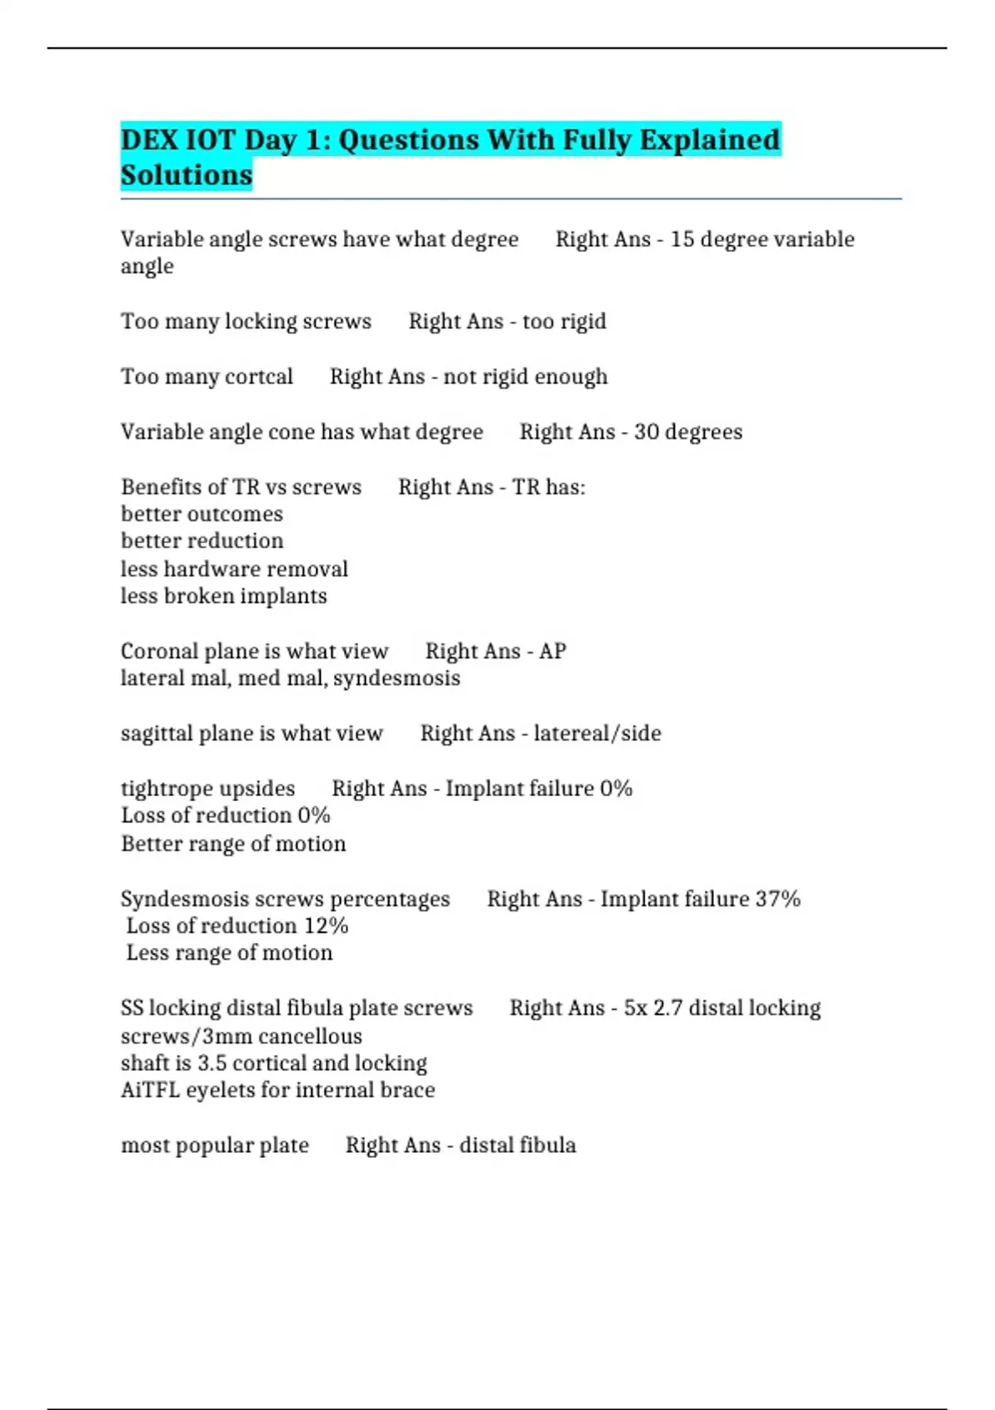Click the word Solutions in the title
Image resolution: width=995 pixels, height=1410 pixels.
point(187,175)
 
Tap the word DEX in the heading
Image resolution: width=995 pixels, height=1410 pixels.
point(148,139)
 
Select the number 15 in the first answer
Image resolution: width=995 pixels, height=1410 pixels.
point(682,239)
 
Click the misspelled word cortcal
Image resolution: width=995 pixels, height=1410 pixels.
point(259,377)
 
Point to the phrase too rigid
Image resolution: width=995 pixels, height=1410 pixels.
point(564,321)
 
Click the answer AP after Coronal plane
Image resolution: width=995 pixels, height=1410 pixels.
point(552,651)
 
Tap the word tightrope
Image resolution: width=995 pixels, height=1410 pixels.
point(163,789)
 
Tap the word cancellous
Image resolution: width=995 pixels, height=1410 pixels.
point(310,1037)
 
